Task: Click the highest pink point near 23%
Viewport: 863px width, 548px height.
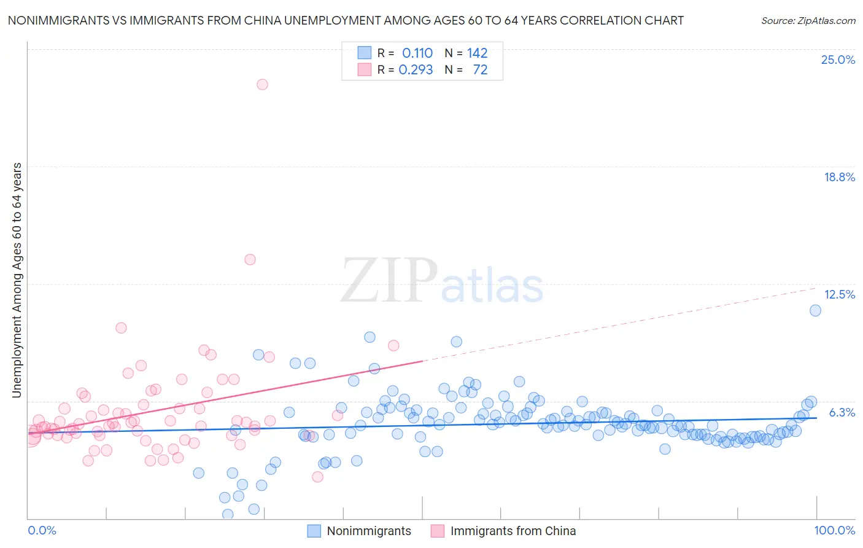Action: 262,84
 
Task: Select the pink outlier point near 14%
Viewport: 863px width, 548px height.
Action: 250,259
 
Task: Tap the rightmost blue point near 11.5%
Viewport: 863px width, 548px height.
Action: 815,310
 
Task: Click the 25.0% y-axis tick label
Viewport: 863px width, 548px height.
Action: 838,60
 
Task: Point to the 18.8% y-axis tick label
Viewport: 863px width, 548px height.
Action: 839,177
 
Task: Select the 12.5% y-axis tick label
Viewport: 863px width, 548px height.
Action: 839,294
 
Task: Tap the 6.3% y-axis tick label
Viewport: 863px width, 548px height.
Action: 842,412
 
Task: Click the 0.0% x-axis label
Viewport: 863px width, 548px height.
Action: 42,530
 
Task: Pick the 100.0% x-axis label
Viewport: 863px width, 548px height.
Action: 834,530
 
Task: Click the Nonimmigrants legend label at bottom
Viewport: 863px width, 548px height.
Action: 369,531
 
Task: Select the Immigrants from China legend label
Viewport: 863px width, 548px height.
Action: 513,531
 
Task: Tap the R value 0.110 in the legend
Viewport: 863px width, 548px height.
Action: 417,53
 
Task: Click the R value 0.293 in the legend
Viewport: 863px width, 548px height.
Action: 416,70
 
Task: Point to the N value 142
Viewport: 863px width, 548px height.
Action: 477,53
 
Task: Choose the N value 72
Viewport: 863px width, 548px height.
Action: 480,70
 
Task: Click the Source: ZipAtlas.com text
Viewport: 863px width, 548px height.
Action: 808,20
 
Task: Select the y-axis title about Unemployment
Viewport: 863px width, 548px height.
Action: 17,280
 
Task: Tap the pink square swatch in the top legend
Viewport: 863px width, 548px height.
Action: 365,69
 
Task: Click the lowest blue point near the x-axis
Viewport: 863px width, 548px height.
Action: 228,514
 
